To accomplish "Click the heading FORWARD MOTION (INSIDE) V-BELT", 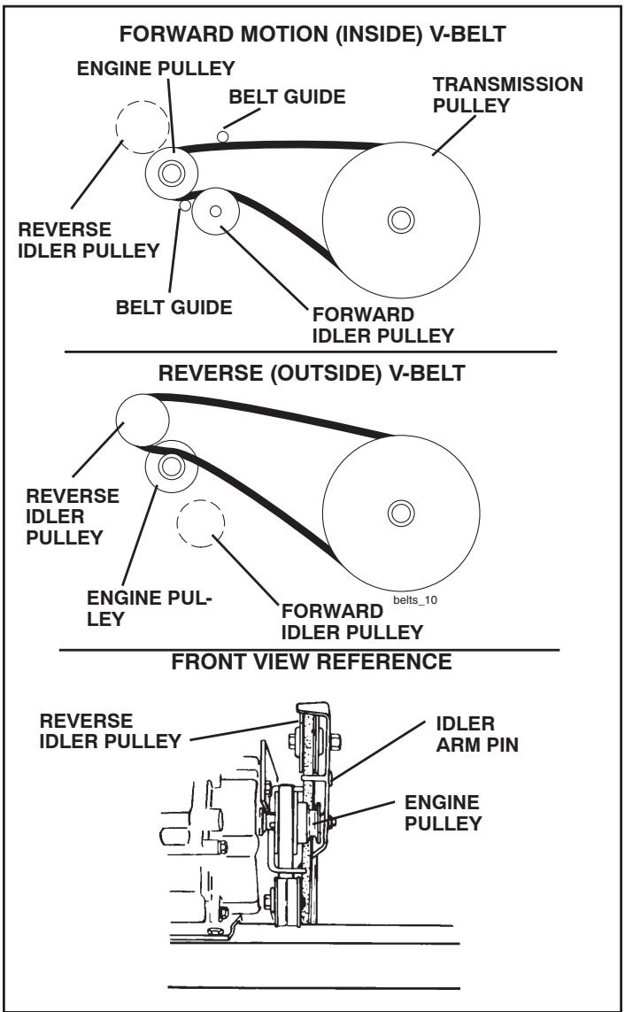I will (312, 38).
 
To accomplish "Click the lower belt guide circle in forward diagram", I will (185, 206).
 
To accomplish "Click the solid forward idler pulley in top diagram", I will (215, 212).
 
